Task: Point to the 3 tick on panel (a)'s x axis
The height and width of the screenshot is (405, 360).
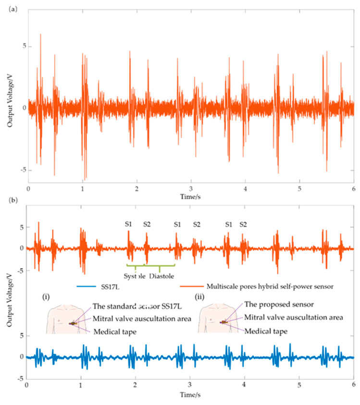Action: (191, 188)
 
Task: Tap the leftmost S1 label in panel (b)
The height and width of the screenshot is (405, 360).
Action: (128, 224)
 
